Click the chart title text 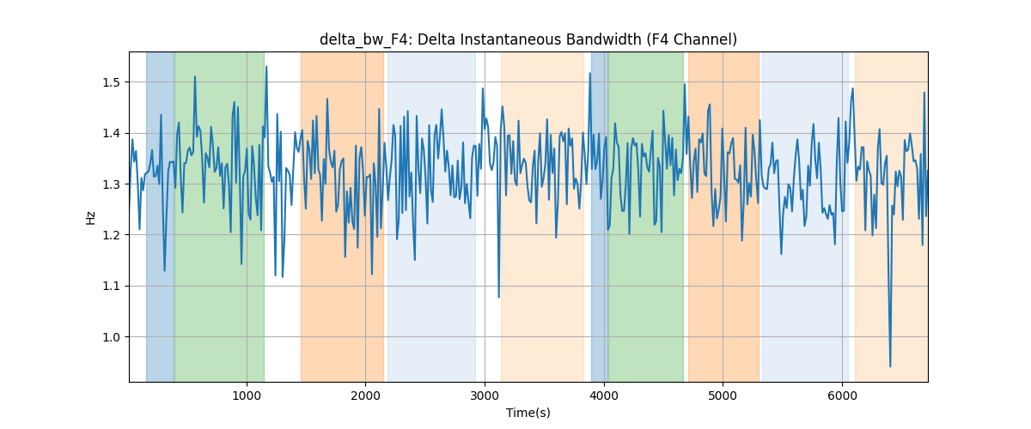click(x=528, y=39)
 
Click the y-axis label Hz click(x=90, y=217)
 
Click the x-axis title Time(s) click(x=528, y=413)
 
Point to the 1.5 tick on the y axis click(x=111, y=82)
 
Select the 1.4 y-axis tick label click(x=111, y=133)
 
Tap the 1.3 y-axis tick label click(x=111, y=184)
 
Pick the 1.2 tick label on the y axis click(x=111, y=235)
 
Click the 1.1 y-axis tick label click(x=111, y=286)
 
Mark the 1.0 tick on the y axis click(x=111, y=337)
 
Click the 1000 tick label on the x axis click(x=247, y=396)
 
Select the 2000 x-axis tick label click(x=365, y=396)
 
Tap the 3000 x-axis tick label click(x=485, y=396)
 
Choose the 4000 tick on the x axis click(x=604, y=396)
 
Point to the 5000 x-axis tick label click(x=723, y=396)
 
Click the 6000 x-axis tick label click(x=842, y=396)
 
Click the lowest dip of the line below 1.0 click(x=890, y=366)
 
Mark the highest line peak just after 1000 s click(x=266, y=67)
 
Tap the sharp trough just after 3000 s click(x=498, y=297)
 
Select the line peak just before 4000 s click(x=589, y=73)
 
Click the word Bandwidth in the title click(x=604, y=39)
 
